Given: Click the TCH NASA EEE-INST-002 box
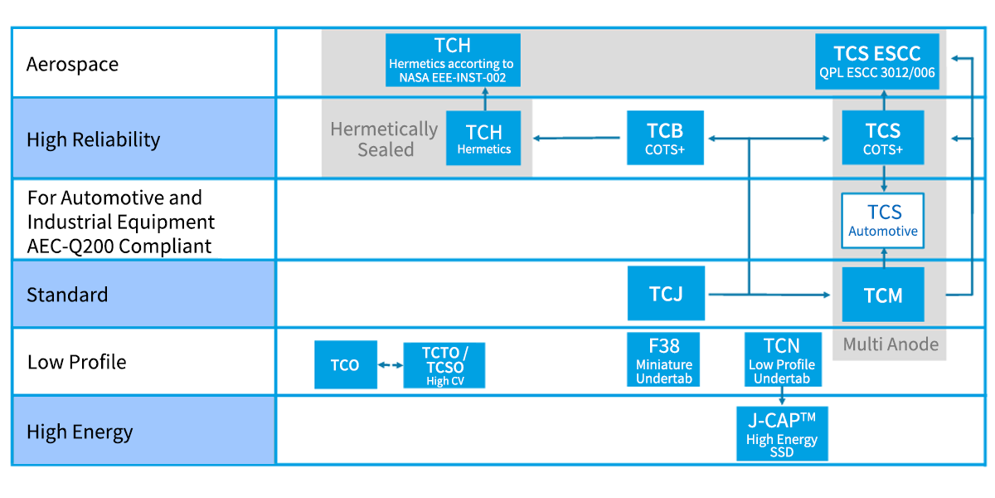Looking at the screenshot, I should coord(453,60).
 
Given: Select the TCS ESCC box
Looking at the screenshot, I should coord(877,61).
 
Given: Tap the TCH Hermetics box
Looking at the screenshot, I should coord(483,138).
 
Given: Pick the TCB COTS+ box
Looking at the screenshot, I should coord(665,138).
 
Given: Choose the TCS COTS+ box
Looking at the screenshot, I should coord(882,138).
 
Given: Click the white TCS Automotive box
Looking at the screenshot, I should coord(882,220).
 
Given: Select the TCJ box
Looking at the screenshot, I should coord(666,293).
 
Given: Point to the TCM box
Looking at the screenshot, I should coord(882,295).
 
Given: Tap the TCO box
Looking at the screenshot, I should coord(345,364).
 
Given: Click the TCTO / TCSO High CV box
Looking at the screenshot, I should coord(444,365).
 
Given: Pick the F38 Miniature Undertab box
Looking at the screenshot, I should coord(664,359).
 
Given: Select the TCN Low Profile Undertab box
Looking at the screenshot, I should coord(782,359).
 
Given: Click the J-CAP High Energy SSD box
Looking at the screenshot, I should coord(782,433).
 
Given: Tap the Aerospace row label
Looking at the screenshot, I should coord(72,64).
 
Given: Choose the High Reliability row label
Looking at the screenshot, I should coord(93,139).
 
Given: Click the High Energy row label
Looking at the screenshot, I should coord(80,432).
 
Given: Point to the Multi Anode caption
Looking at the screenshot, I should coord(891,344).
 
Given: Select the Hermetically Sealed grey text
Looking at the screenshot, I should coord(384,139).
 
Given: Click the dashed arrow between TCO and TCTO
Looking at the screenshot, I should coord(390,365).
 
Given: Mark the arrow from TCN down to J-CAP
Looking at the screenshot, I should coord(782,396).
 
